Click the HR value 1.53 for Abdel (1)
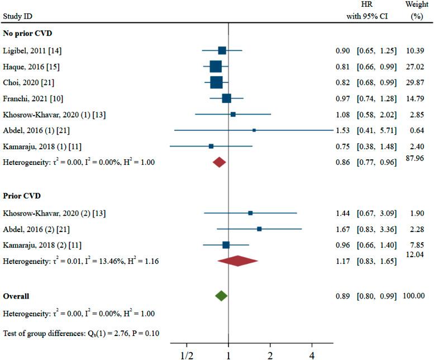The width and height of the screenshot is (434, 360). [x=342, y=130]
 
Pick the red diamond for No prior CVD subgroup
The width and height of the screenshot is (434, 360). [x=219, y=162]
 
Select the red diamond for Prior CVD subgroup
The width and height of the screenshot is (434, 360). [x=238, y=261]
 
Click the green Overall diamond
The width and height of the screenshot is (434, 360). [x=221, y=295]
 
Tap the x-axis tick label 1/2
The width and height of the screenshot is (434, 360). [x=186, y=354]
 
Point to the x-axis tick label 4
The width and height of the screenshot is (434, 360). [x=312, y=354]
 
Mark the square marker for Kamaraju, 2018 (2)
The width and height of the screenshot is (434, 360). [x=226, y=245]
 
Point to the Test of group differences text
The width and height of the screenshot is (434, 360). [x=81, y=334]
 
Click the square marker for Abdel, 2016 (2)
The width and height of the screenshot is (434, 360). [x=259, y=229]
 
